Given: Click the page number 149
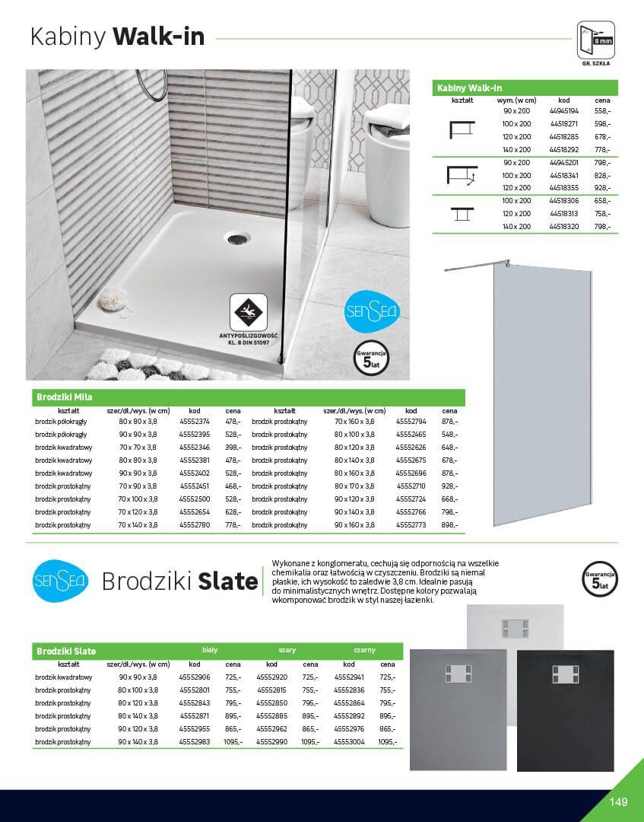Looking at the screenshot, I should click(x=618, y=801).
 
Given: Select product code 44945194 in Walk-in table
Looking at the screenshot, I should click(x=563, y=111).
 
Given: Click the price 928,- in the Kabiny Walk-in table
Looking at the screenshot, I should click(x=602, y=187).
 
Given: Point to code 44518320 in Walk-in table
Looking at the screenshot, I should click(x=563, y=227).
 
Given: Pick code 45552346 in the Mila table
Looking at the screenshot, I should click(x=195, y=447).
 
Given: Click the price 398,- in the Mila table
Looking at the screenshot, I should click(x=233, y=447).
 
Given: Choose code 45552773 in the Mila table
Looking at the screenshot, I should click(x=411, y=524).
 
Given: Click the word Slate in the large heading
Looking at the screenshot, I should click(x=227, y=582).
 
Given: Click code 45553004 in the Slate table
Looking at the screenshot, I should click(x=349, y=741).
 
